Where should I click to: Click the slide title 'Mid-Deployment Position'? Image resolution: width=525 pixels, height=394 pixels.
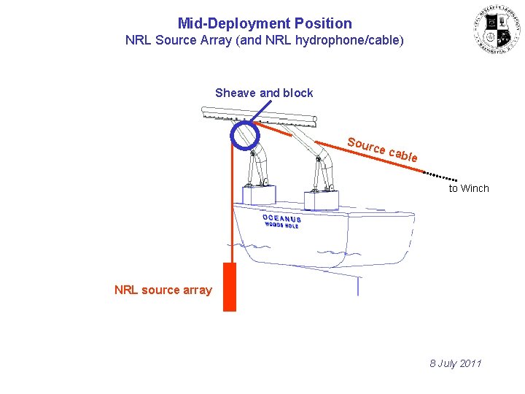click(x=264, y=23)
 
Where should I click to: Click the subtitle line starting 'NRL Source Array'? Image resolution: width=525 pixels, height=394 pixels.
click(x=264, y=40)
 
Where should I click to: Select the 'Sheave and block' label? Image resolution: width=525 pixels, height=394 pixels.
click(x=264, y=93)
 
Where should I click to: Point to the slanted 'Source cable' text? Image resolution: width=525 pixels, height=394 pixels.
click(x=382, y=150)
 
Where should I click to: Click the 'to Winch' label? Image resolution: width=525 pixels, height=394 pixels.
click(x=469, y=188)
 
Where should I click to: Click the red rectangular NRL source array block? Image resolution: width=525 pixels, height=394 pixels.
click(x=230, y=287)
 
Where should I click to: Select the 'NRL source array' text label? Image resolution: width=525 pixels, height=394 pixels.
click(x=163, y=290)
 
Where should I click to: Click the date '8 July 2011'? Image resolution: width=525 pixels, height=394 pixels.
click(x=456, y=363)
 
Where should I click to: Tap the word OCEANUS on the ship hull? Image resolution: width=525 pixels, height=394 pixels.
click(x=281, y=218)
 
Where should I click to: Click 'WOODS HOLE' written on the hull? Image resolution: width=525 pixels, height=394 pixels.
click(x=281, y=225)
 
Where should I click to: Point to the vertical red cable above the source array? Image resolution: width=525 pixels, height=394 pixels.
click(x=230, y=204)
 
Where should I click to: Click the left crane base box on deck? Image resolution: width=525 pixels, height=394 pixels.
click(x=259, y=195)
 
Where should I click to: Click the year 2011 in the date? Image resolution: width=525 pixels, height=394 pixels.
click(x=470, y=363)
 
